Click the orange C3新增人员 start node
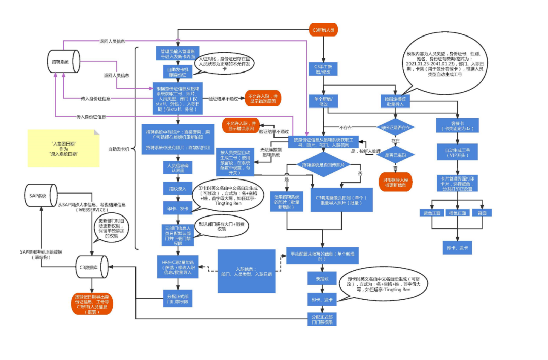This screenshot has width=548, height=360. pos(324,30)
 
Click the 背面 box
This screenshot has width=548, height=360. pos(482,213)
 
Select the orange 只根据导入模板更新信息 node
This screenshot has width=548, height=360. pos(395,181)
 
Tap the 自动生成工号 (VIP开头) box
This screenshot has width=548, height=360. pos(455,153)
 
